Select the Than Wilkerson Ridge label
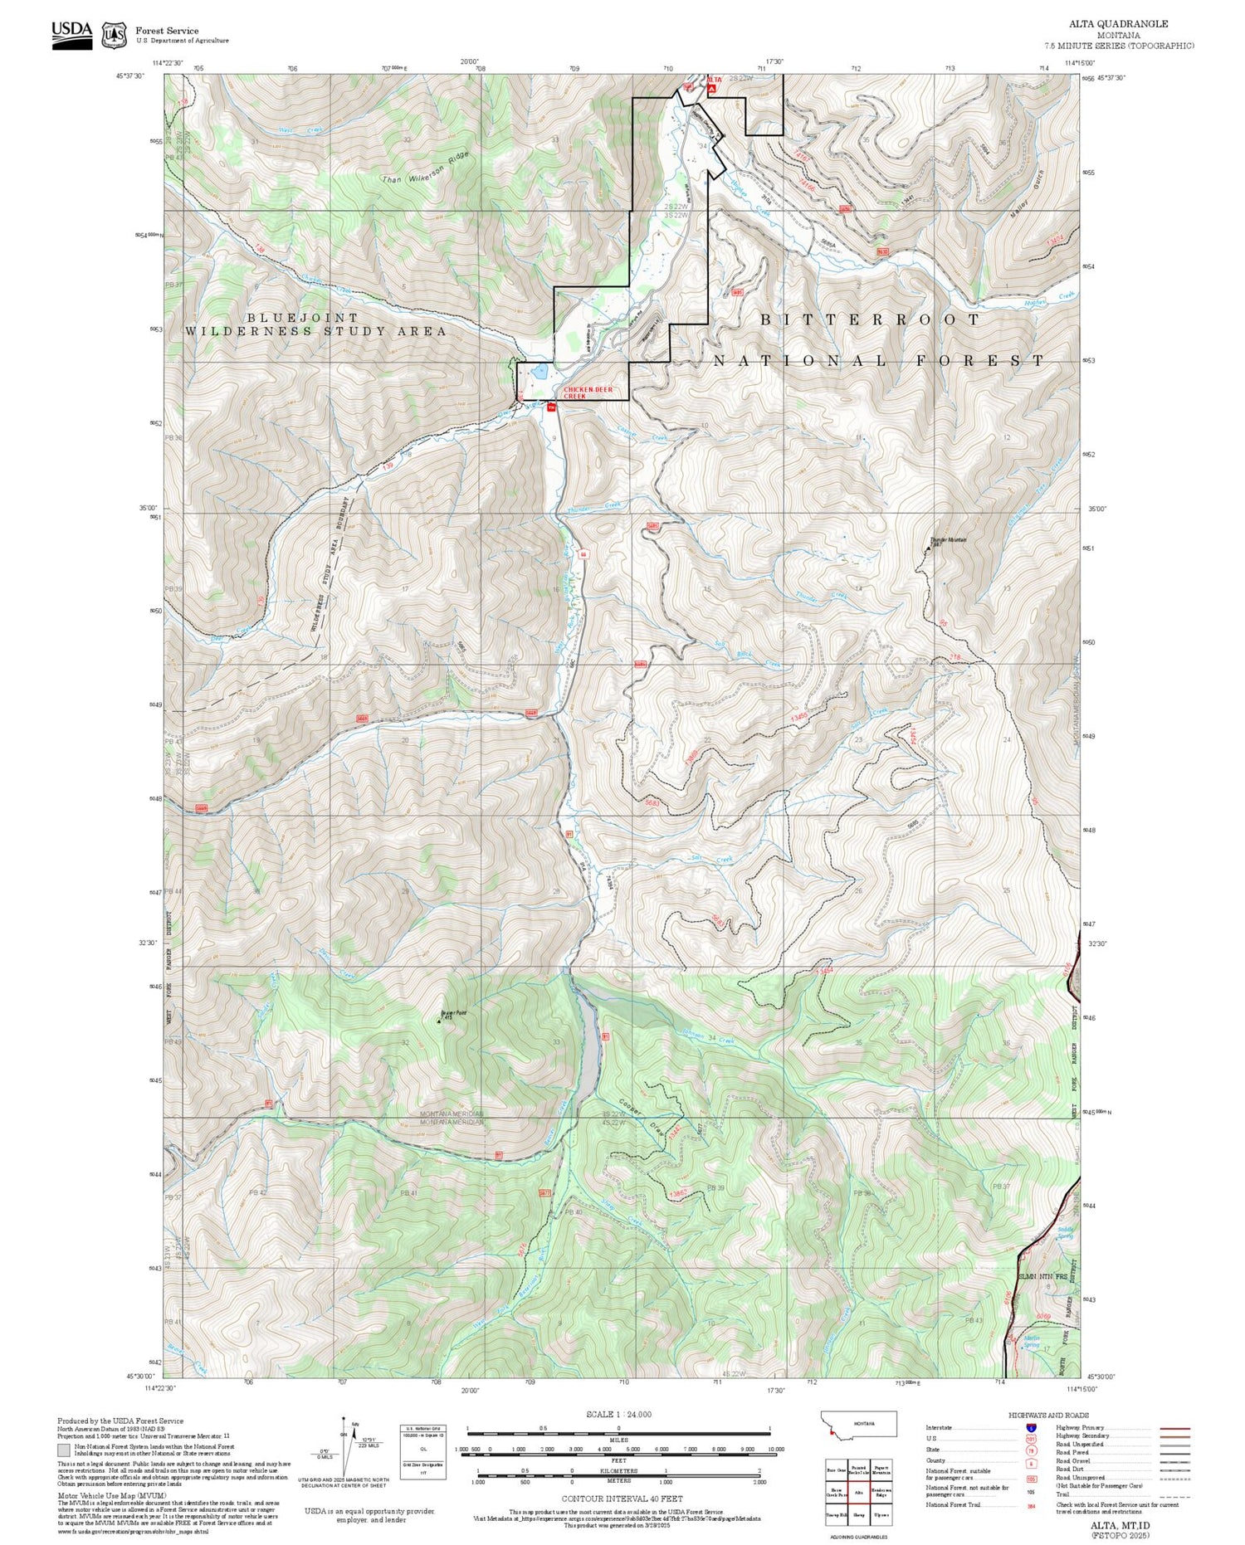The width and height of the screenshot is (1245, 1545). click(426, 168)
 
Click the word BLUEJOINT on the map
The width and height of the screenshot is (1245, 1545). click(303, 318)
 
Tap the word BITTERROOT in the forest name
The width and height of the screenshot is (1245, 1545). click(870, 319)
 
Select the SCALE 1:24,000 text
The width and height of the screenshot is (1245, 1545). click(618, 1415)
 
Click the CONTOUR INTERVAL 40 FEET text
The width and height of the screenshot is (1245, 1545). click(622, 1499)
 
